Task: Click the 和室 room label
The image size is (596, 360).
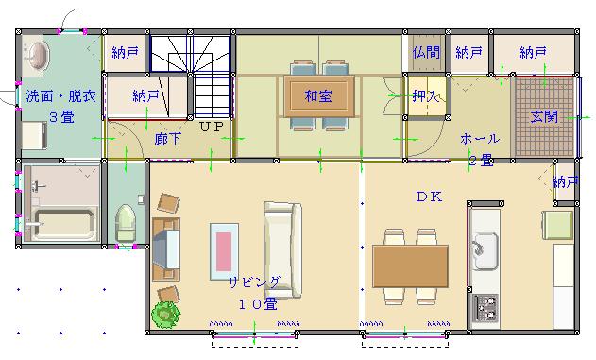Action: (x=318, y=95)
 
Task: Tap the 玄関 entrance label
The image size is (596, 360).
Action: (x=544, y=116)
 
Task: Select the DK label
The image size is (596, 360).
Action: (x=429, y=197)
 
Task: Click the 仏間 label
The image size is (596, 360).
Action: (x=426, y=52)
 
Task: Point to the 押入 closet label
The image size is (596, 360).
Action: (x=426, y=95)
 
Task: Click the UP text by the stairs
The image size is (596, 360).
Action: (x=212, y=127)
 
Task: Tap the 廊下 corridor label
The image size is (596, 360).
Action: (x=167, y=139)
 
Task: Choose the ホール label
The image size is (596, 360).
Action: (x=480, y=139)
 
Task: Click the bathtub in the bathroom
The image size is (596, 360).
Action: (x=62, y=224)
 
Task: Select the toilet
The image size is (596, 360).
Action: (x=126, y=223)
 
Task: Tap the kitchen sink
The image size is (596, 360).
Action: (x=485, y=250)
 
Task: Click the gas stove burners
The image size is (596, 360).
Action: (x=485, y=308)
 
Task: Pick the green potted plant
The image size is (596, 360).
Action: (x=165, y=315)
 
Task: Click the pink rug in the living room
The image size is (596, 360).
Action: (x=224, y=251)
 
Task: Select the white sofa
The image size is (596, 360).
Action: (x=282, y=249)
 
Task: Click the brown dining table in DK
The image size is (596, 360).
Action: (x=410, y=266)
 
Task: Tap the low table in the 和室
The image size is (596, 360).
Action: (x=319, y=95)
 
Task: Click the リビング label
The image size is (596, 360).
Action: (x=254, y=283)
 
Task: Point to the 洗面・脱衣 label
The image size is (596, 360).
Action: (x=60, y=95)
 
